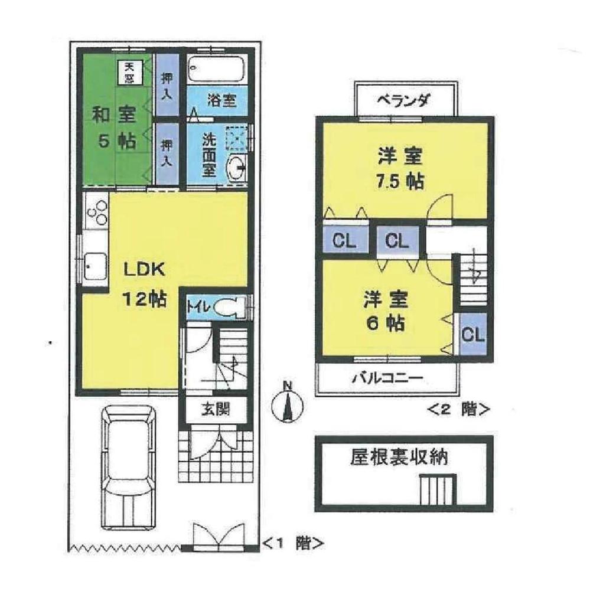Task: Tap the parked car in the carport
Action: (x=130, y=466)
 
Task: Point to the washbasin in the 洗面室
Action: (x=239, y=169)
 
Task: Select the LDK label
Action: (x=144, y=270)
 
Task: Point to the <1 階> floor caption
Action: (x=293, y=543)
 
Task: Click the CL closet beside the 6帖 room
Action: (x=473, y=335)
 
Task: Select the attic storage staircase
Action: (x=438, y=490)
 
